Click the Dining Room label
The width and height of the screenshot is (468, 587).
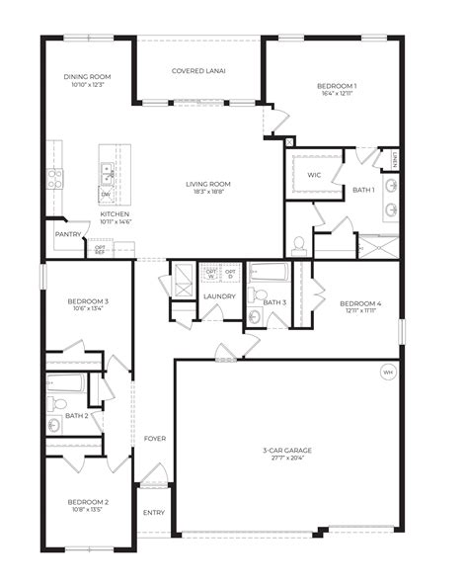pyautogui.click(x=87, y=76)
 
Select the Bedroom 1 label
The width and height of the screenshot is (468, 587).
pyautogui.click(x=337, y=86)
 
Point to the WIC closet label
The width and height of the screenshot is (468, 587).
pyautogui.click(x=314, y=175)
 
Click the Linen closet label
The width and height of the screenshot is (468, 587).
pyautogui.click(x=393, y=158)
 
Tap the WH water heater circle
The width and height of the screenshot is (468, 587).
pyautogui.click(x=387, y=373)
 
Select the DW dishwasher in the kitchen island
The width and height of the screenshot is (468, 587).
pyautogui.click(x=106, y=194)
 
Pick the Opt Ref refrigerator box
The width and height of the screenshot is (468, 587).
pyautogui.click(x=100, y=249)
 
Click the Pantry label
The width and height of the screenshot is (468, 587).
pyautogui.click(x=68, y=234)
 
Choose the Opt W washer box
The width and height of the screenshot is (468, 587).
pyautogui.click(x=209, y=272)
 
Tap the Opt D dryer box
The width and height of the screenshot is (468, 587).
pyautogui.click(x=230, y=272)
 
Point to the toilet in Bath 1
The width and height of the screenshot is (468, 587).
pyautogui.click(x=298, y=243)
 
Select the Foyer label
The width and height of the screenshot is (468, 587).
pyautogui.click(x=155, y=438)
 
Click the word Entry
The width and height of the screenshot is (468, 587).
pyautogui.click(x=154, y=512)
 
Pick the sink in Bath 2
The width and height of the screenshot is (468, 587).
pyautogui.click(x=53, y=426)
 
